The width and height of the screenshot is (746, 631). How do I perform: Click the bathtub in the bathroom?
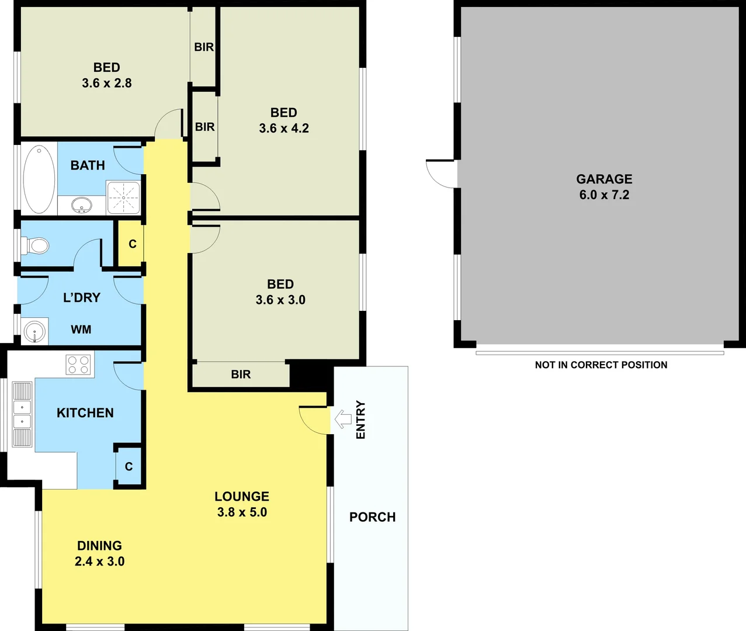click(39, 179)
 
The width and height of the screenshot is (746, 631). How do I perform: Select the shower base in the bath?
click(123, 197)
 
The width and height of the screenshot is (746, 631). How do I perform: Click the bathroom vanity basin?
click(82, 205)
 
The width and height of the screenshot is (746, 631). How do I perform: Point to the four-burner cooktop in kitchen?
click(79, 365)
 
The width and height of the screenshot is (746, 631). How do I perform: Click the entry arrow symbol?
click(342, 418)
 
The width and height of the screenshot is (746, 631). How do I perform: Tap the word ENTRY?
click(360, 419)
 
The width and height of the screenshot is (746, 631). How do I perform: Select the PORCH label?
click(372, 517)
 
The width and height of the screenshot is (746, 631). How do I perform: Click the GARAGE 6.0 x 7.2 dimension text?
click(604, 195)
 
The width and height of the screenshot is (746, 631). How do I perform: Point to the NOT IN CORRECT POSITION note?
click(601, 365)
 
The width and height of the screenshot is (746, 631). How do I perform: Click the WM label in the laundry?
click(81, 330)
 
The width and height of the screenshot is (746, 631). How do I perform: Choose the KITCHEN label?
click(85, 413)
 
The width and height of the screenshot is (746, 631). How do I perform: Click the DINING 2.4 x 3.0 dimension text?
click(99, 561)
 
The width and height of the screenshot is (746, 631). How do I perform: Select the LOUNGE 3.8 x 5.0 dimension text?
click(242, 512)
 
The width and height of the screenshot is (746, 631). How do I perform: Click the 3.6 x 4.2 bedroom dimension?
click(284, 129)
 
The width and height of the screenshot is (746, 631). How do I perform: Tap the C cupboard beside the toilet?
click(133, 244)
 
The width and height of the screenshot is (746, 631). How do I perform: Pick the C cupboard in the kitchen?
click(129, 466)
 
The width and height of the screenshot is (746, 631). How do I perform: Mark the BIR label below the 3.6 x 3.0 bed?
click(241, 375)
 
